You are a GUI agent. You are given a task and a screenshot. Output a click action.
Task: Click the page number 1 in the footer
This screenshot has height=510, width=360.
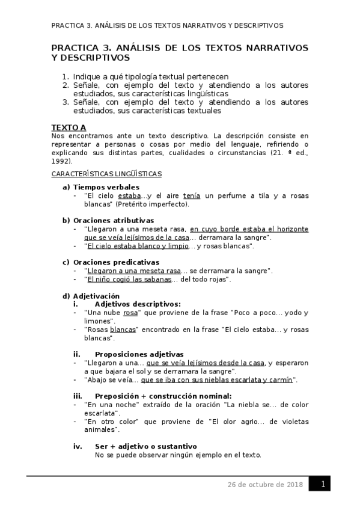tap(323, 485)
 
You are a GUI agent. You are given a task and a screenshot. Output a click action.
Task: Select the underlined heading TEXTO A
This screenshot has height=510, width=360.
tap(69, 127)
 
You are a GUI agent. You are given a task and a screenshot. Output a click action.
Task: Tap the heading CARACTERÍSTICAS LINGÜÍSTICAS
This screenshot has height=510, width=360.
tap(106, 174)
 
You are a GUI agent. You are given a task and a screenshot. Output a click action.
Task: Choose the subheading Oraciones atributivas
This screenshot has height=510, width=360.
tap(113, 220)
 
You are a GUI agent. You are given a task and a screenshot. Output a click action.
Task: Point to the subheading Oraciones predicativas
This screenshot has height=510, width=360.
tap(115, 262)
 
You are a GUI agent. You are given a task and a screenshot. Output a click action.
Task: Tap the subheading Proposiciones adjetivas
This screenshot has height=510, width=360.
tap(139, 354)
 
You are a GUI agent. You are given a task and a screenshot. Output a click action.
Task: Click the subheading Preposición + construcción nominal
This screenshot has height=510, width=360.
tap(163, 396)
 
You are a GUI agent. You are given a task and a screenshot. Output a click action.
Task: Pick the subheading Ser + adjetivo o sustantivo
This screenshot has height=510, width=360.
tap(145, 446)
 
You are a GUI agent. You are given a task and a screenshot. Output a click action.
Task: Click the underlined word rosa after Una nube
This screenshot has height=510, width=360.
tap(130, 313)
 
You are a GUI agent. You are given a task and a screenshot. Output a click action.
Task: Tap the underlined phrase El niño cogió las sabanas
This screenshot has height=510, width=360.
tap(129, 279)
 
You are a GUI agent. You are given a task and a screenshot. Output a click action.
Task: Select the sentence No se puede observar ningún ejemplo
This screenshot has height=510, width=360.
tap(178, 455)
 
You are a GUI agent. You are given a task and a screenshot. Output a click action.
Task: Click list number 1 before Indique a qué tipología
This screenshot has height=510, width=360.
tap(66, 77)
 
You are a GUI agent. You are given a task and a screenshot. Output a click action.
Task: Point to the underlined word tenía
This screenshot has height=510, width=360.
tap(191, 195)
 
